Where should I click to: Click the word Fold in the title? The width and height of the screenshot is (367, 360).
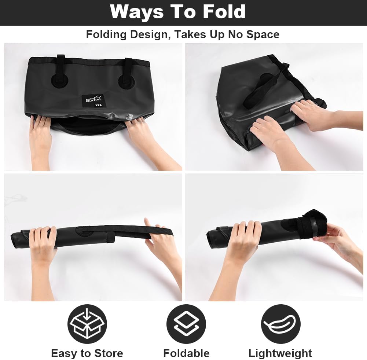click(224, 11)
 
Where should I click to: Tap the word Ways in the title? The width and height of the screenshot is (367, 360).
click(137, 12)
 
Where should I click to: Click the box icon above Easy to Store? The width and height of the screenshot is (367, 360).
click(87, 324)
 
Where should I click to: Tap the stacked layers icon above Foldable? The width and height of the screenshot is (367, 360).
click(186, 324)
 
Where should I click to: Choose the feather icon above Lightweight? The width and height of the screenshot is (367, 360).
click(280, 324)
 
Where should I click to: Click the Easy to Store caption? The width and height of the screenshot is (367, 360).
click(87, 353)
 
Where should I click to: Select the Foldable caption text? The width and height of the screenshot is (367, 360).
click(186, 353)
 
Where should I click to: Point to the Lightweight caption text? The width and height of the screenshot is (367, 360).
click(280, 353)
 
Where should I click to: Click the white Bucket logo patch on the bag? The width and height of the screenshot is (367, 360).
click(93, 101)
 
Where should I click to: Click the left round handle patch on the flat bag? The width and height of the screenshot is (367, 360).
click(60, 81)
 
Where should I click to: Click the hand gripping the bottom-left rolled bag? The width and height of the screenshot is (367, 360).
click(43, 241)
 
